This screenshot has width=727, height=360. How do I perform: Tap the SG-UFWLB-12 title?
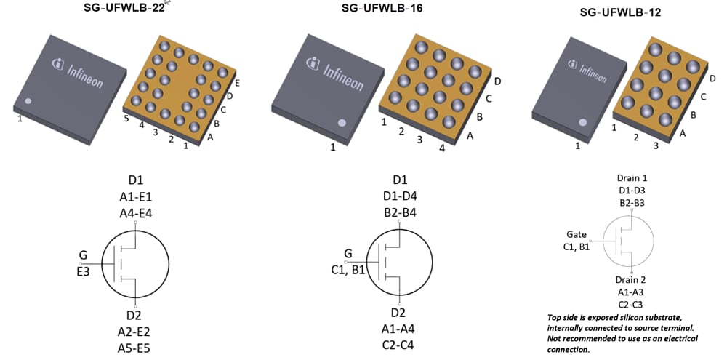click(620, 12)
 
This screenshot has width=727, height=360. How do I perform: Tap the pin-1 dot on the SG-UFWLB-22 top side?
click(28, 102)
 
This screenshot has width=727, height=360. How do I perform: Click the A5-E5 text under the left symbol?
click(135, 348)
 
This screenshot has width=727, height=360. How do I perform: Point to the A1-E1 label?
click(135, 196)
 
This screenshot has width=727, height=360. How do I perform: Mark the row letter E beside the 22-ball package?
click(237, 84)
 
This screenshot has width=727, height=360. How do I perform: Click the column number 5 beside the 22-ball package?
click(126, 119)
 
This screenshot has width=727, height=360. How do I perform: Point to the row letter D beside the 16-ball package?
click(497, 81)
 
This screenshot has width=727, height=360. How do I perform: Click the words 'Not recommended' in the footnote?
click(576, 338)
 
